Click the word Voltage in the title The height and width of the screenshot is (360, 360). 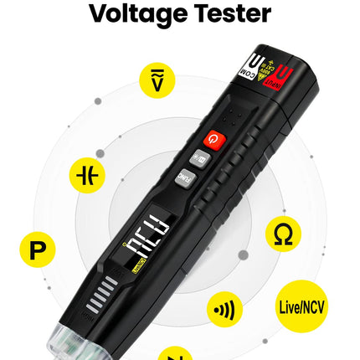[x=137, y=14]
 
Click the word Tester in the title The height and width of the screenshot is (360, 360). [x=233, y=14]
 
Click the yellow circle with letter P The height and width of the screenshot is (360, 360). [x=36, y=249]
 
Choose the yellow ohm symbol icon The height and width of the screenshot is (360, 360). [x=283, y=236]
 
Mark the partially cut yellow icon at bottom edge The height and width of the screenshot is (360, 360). [x=173, y=353]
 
